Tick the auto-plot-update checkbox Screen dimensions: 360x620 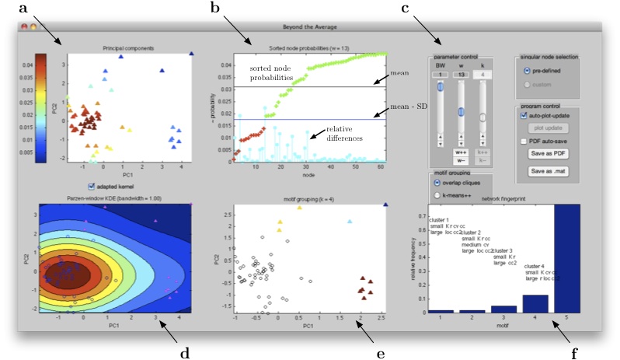pos(524,114)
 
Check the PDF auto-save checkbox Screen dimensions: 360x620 pos(524,141)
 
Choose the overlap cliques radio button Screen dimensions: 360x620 pos(437,182)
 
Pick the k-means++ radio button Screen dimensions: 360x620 pos(437,194)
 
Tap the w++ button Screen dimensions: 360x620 pos(460,152)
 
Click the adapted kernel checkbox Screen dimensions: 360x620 pos(93,186)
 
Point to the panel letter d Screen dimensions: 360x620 pos(184,352)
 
